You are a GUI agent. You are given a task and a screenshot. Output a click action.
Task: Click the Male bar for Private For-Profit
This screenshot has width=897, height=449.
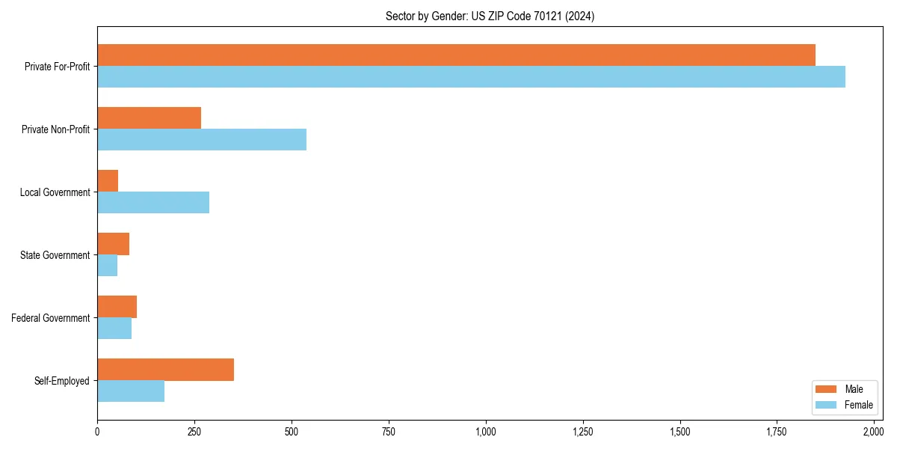coord(456,55)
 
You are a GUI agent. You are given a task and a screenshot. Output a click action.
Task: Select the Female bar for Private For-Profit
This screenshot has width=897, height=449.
coord(471,77)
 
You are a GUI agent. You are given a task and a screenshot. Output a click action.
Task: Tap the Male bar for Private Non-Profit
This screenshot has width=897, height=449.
coord(149,118)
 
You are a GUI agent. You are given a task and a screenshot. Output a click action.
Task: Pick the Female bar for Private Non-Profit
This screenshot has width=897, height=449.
coord(202,140)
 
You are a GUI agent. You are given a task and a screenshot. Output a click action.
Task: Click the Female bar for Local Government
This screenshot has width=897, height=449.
coord(153,203)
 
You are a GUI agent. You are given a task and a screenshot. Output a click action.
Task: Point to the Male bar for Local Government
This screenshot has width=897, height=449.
coord(108,181)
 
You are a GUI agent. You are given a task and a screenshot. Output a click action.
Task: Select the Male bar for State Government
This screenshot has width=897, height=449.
coord(113,244)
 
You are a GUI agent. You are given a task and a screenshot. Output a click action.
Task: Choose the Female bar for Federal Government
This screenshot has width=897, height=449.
coord(114,329)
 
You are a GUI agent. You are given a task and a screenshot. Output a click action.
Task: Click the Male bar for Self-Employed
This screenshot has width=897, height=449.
coord(165,370)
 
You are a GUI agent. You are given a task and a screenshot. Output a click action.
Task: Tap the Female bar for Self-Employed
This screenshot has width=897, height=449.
coord(131,391)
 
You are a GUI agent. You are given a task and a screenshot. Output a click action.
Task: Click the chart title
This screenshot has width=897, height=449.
coord(490,16)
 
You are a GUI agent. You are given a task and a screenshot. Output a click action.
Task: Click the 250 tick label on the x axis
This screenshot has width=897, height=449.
coord(194,432)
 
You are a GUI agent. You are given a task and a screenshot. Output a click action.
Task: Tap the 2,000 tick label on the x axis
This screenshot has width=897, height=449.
coord(874,432)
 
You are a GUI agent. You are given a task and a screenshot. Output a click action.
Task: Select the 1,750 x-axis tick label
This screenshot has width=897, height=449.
coord(777,432)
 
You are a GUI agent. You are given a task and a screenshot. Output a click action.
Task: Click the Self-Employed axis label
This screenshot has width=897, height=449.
coord(62,381)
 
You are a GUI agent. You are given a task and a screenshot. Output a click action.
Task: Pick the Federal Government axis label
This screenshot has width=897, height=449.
coord(51,318)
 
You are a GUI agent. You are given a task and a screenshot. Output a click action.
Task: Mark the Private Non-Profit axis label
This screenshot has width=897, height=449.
coord(55,129)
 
